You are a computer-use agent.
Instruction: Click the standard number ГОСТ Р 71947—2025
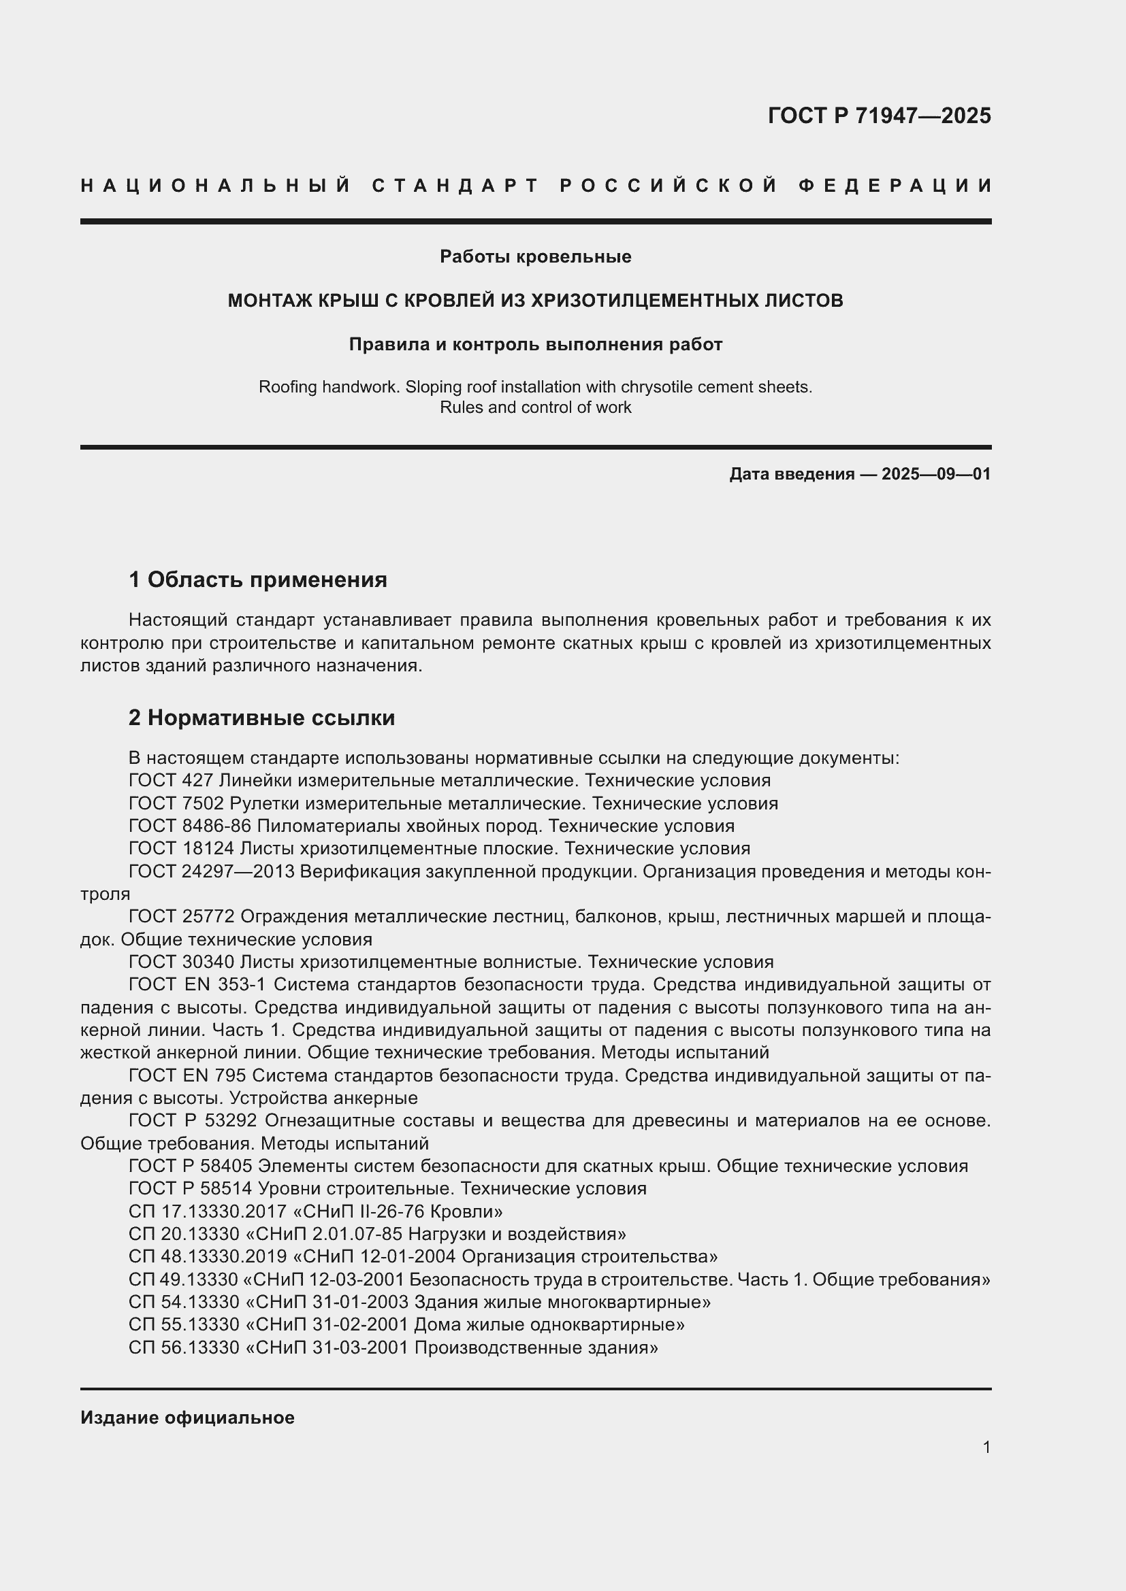coord(879,116)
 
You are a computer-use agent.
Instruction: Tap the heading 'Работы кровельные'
coord(535,257)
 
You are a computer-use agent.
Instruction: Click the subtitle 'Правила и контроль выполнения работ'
coord(535,344)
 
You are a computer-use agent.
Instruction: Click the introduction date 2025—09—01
coord(936,474)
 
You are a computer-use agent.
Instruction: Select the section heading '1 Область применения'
coord(258,580)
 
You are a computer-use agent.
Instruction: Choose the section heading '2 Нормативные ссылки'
coord(261,718)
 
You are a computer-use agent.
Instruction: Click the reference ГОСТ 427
coord(171,781)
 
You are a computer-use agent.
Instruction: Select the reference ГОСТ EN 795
coord(187,1075)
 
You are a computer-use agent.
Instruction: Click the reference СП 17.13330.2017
coord(208,1211)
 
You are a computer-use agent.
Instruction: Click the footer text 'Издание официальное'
coord(187,1418)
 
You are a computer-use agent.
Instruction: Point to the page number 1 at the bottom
coord(986,1447)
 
